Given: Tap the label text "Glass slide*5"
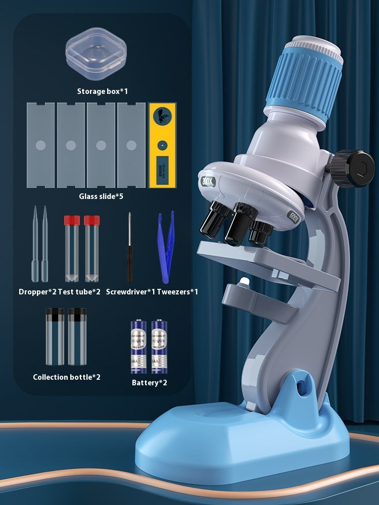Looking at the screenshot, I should [x=101, y=196].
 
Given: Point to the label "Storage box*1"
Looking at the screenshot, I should [x=103, y=91].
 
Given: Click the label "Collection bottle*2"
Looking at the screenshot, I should [x=67, y=377].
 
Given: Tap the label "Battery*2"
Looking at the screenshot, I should [x=149, y=383].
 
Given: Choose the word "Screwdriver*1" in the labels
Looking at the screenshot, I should [x=129, y=292].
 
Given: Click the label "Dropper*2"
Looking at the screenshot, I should [x=37, y=292].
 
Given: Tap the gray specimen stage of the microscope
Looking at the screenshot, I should [x=263, y=258].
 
